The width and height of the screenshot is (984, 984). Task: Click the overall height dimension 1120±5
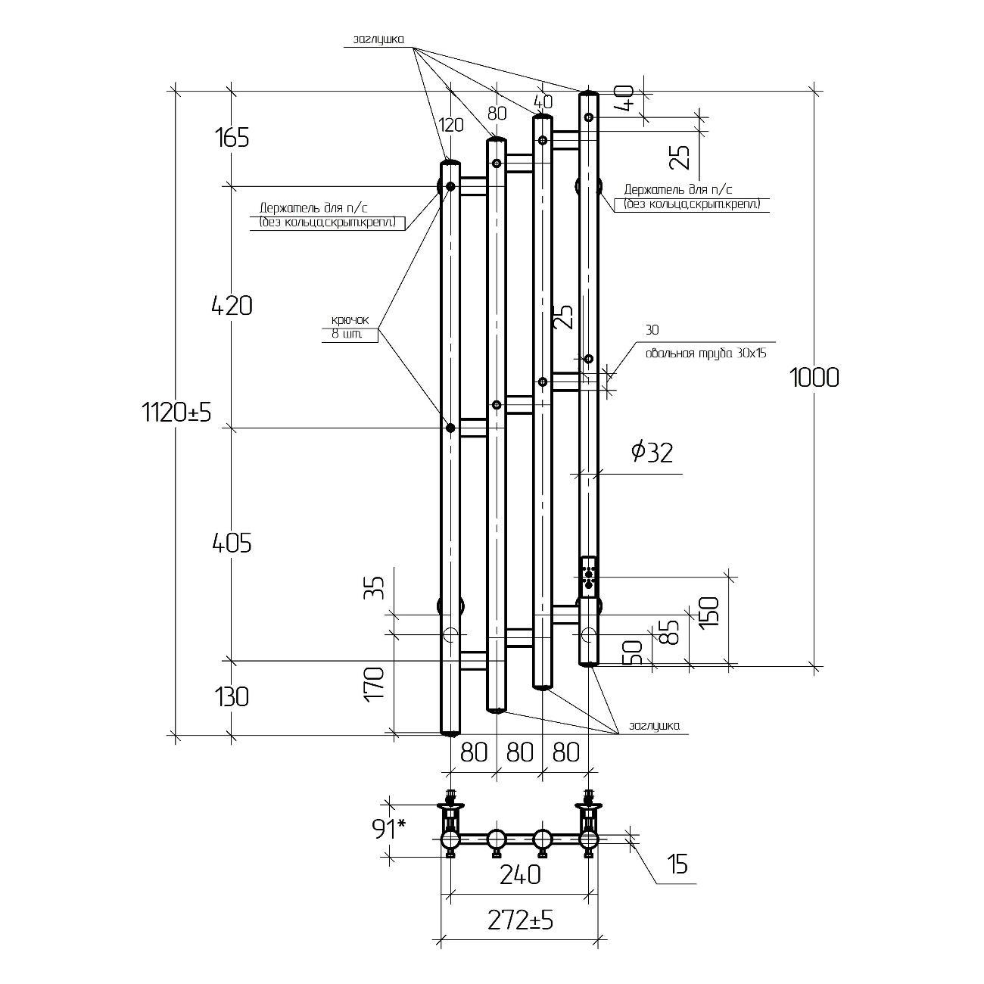click(x=176, y=412)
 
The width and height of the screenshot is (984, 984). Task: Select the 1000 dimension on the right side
click(x=814, y=378)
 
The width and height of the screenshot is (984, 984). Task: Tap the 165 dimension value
click(x=232, y=138)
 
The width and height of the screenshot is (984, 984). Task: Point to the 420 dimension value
click(x=232, y=306)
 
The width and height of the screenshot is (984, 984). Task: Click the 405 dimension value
click(x=232, y=543)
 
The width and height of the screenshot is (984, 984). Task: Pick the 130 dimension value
click(x=232, y=696)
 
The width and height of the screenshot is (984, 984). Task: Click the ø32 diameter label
click(x=652, y=453)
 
